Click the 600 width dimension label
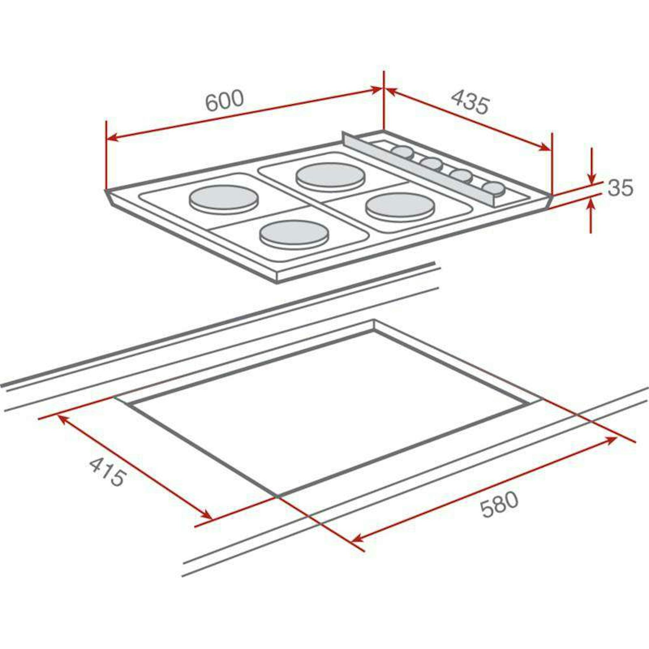[224, 101]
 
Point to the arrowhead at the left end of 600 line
[112, 138]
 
